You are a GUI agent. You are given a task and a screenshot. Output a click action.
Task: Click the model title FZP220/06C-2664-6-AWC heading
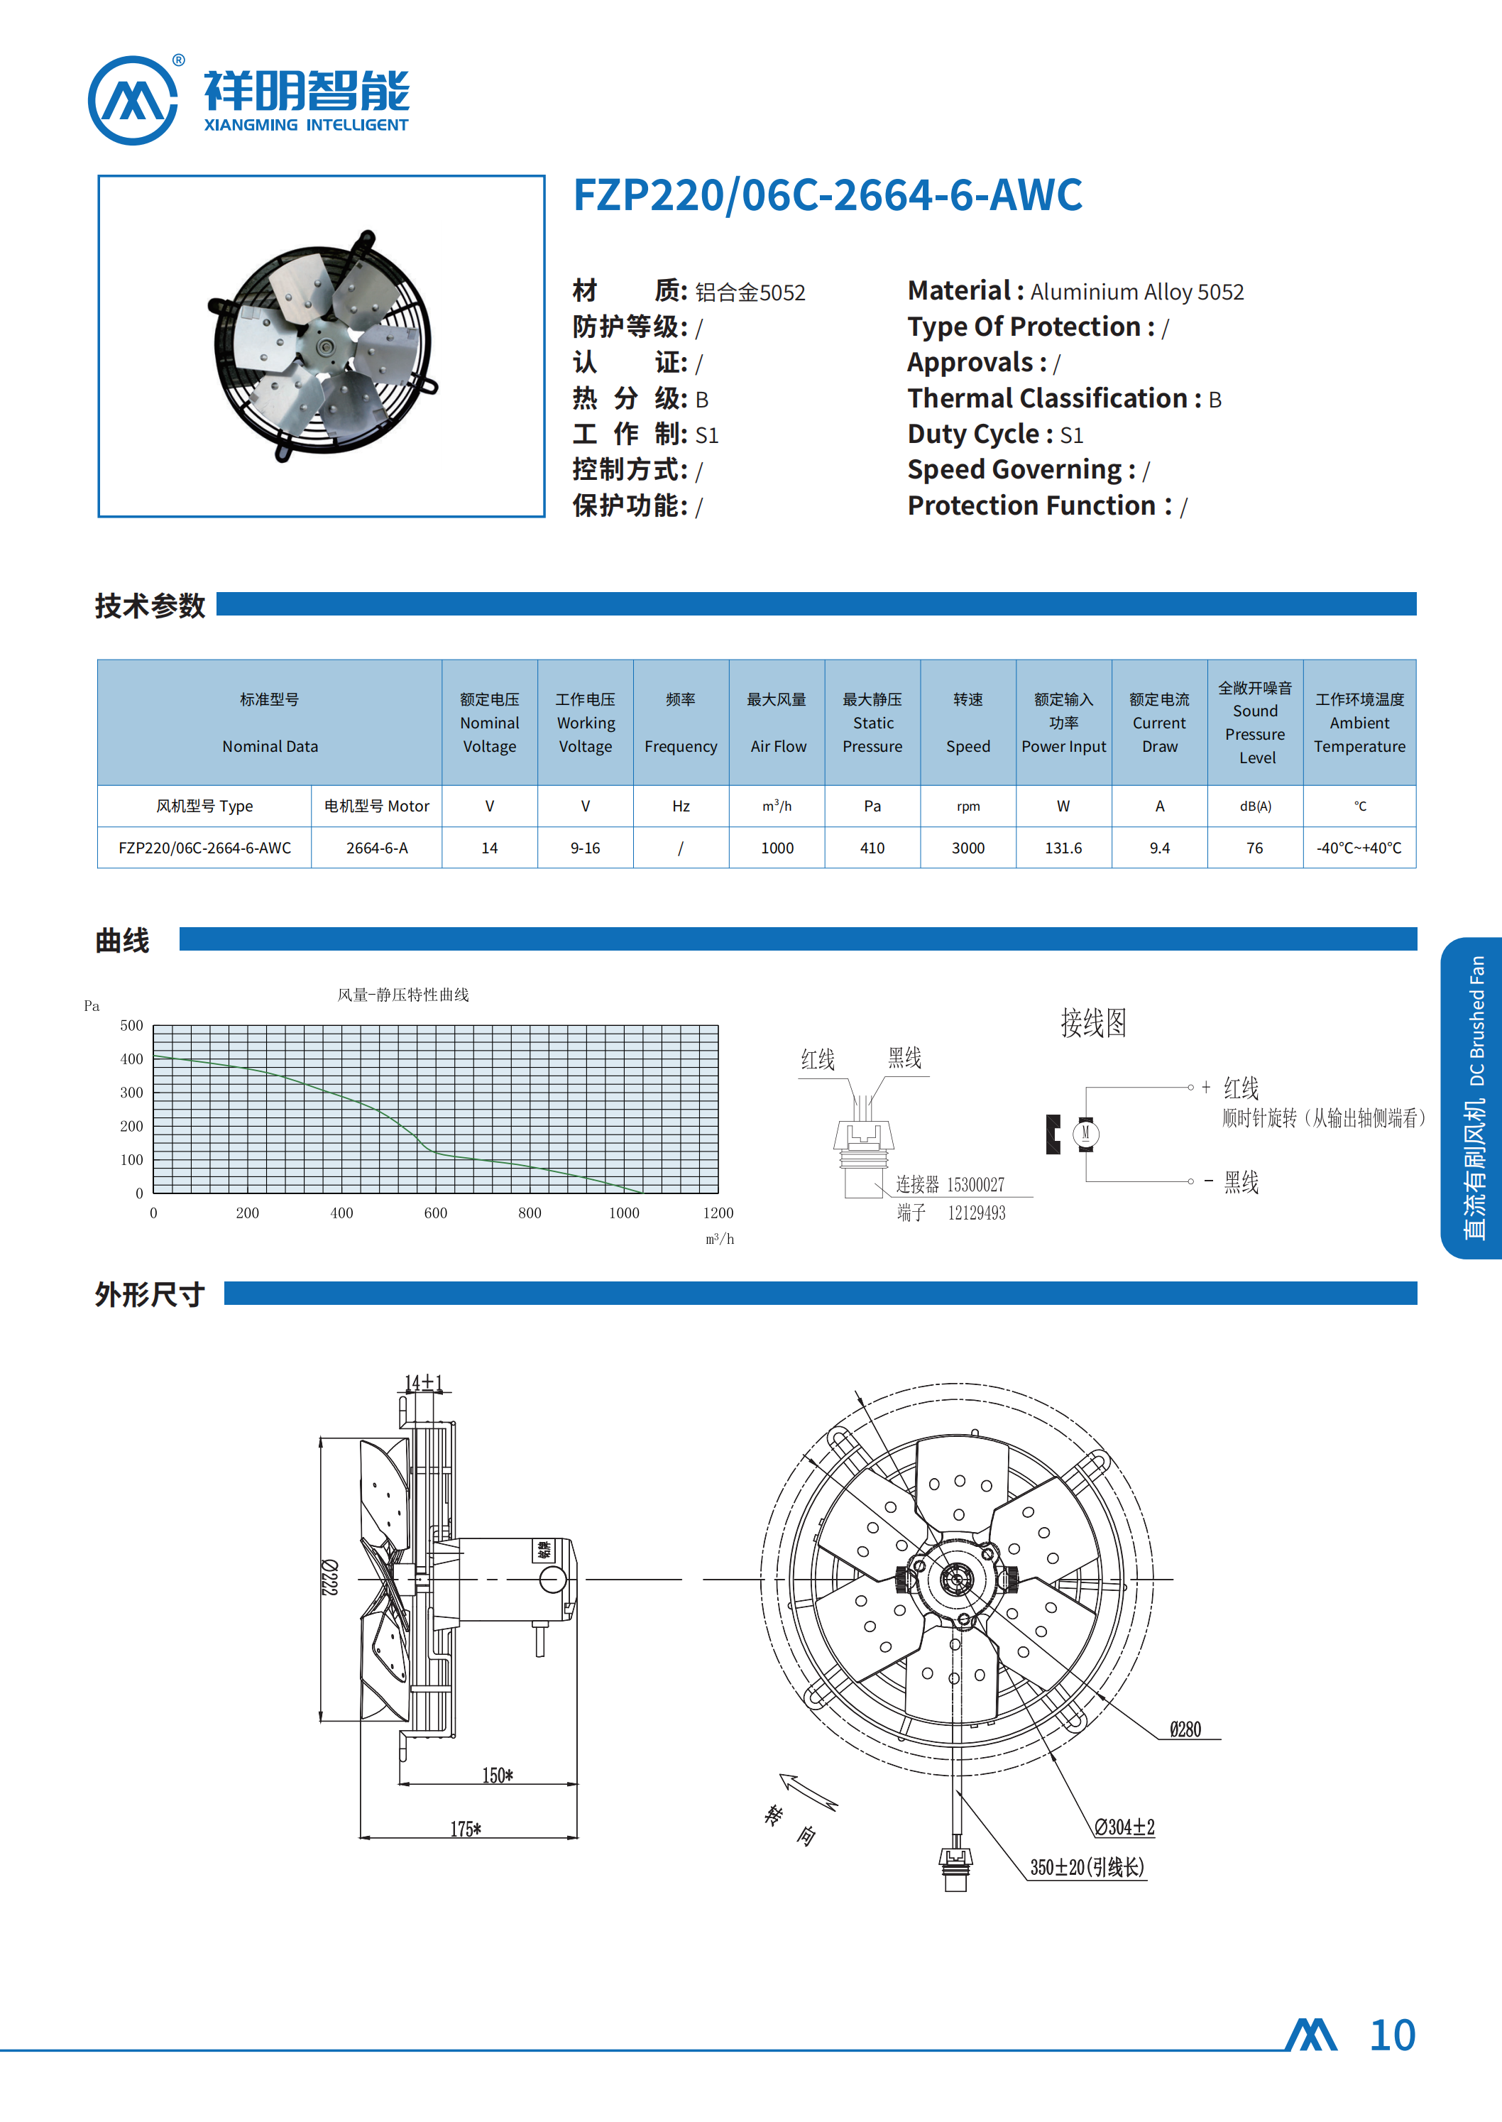pyautogui.click(x=827, y=195)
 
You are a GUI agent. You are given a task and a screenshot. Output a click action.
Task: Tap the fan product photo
pyautogui.click(x=321, y=345)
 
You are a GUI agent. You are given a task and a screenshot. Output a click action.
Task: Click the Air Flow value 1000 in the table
pyautogui.click(x=777, y=848)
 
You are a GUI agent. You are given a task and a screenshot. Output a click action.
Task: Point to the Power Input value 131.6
pyautogui.click(x=1063, y=848)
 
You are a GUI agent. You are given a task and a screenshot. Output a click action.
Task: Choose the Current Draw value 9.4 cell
pyautogui.click(x=1159, y=848)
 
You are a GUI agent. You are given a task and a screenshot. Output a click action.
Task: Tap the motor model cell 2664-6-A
pyautogui.click(x=376, y=848)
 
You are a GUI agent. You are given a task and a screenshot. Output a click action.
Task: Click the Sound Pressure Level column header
pyautogui.click(x=1255, y=723)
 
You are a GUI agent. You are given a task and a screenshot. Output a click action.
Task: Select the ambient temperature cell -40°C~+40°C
pyautogui.click(x=1359, y=848)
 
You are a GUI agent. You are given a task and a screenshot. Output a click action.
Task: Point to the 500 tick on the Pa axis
pyautogui.click(x=131, y=1026)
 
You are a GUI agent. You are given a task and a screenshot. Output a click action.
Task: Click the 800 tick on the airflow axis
pyautogui.click(x=530, y=1213)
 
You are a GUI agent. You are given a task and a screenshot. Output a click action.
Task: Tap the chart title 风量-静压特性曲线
pyautogui.click(x=403, y=995)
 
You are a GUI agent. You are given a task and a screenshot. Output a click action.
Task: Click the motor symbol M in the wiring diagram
pyautogui.click(x=1086, y=1133)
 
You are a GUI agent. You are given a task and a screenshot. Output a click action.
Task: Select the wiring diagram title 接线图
pyautogui.click(x=1093, y=1023)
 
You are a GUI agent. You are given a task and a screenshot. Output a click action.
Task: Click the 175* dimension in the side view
pyautogui.click(x=465, y=1830)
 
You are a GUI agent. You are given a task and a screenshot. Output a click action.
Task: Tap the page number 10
pyautogui.click(x=1392, y=2036)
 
